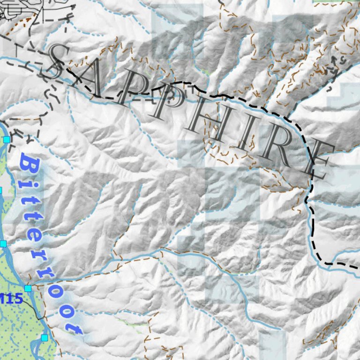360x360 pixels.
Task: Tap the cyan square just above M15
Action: (x=28, y=288)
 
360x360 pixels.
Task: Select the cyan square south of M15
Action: (x=45, y=337)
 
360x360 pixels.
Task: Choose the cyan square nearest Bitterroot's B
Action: (x=7, y=140)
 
